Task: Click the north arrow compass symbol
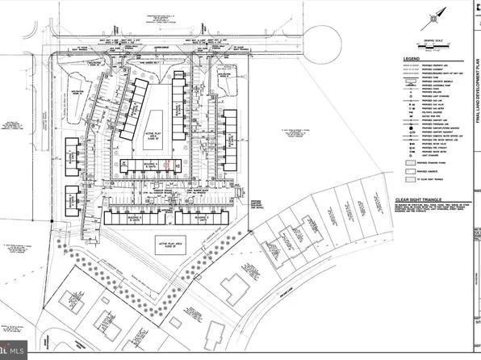[437, 13]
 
